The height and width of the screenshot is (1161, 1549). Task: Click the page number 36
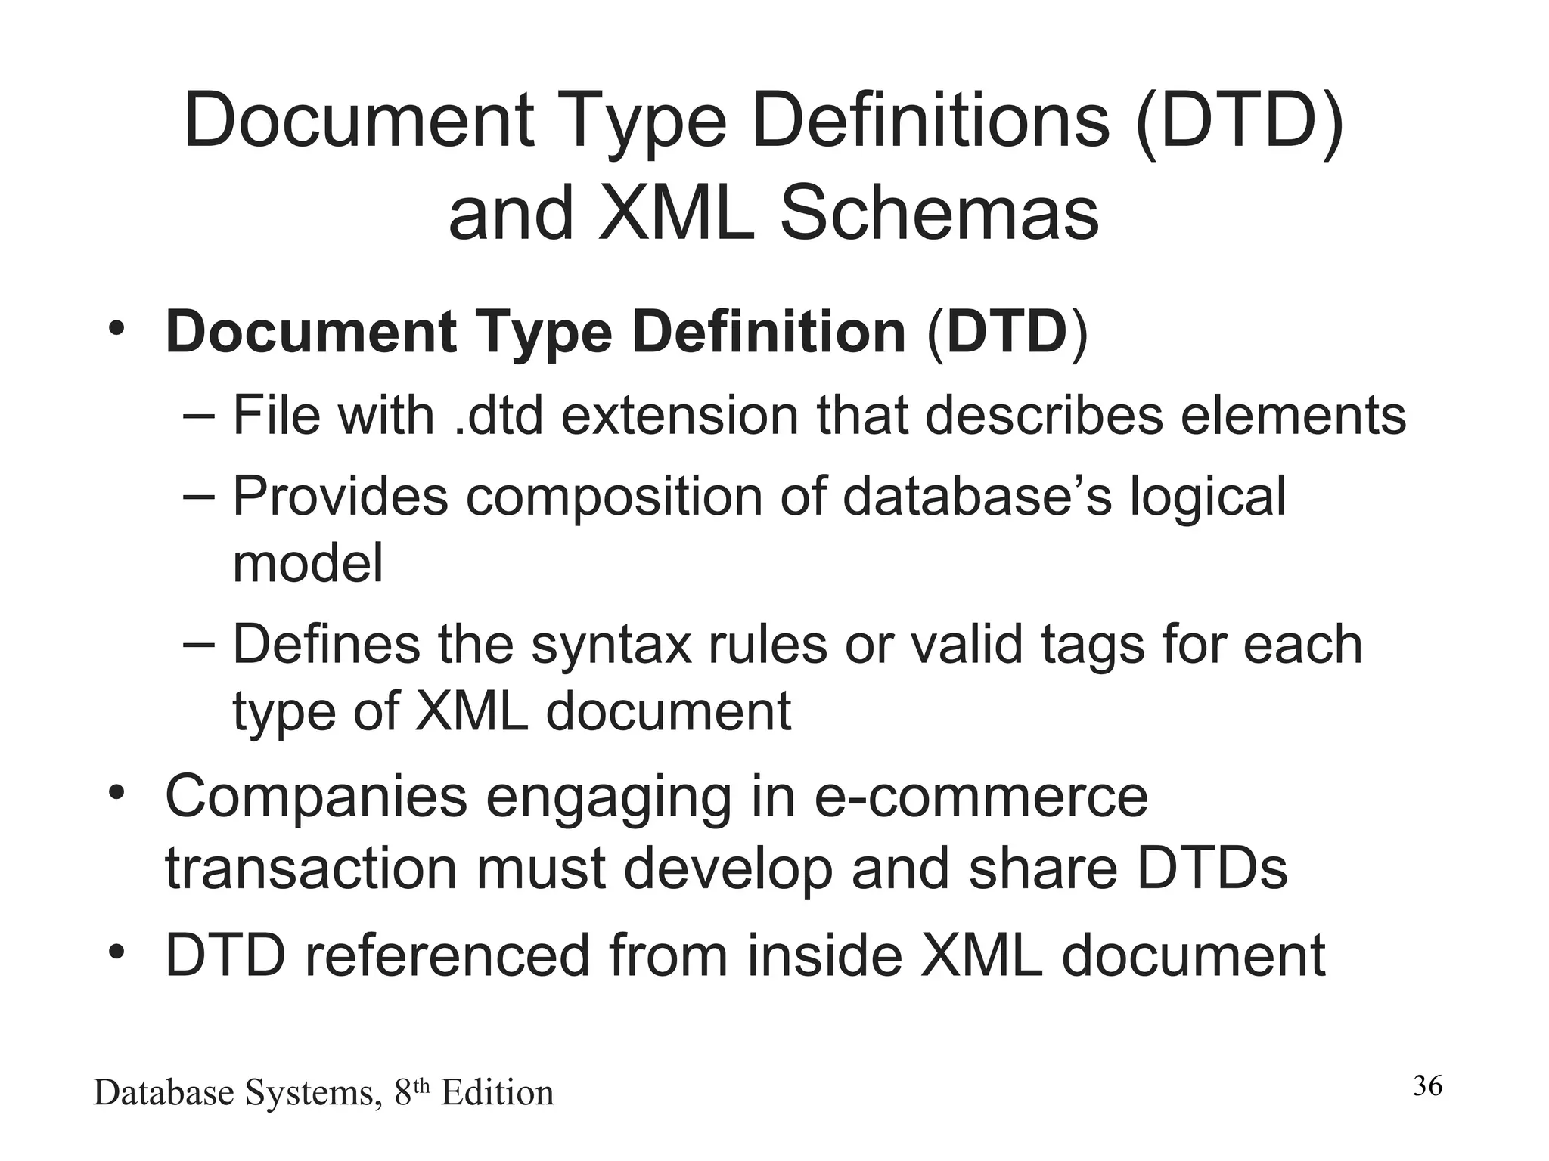point(1427,1085)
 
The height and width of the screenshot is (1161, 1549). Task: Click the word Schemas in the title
point(939,213)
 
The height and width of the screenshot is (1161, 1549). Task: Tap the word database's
point(977,497)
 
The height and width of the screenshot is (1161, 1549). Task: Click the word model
point(307,563)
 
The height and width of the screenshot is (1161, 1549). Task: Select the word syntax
point(610,645)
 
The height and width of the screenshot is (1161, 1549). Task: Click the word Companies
point(316,797)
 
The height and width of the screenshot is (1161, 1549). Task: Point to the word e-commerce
point(981,797)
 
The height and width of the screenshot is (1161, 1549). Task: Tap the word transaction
point(311,868)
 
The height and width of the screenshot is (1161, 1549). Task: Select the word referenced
point(446,955)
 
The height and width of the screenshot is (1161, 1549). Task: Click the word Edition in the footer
point(497,1093)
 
